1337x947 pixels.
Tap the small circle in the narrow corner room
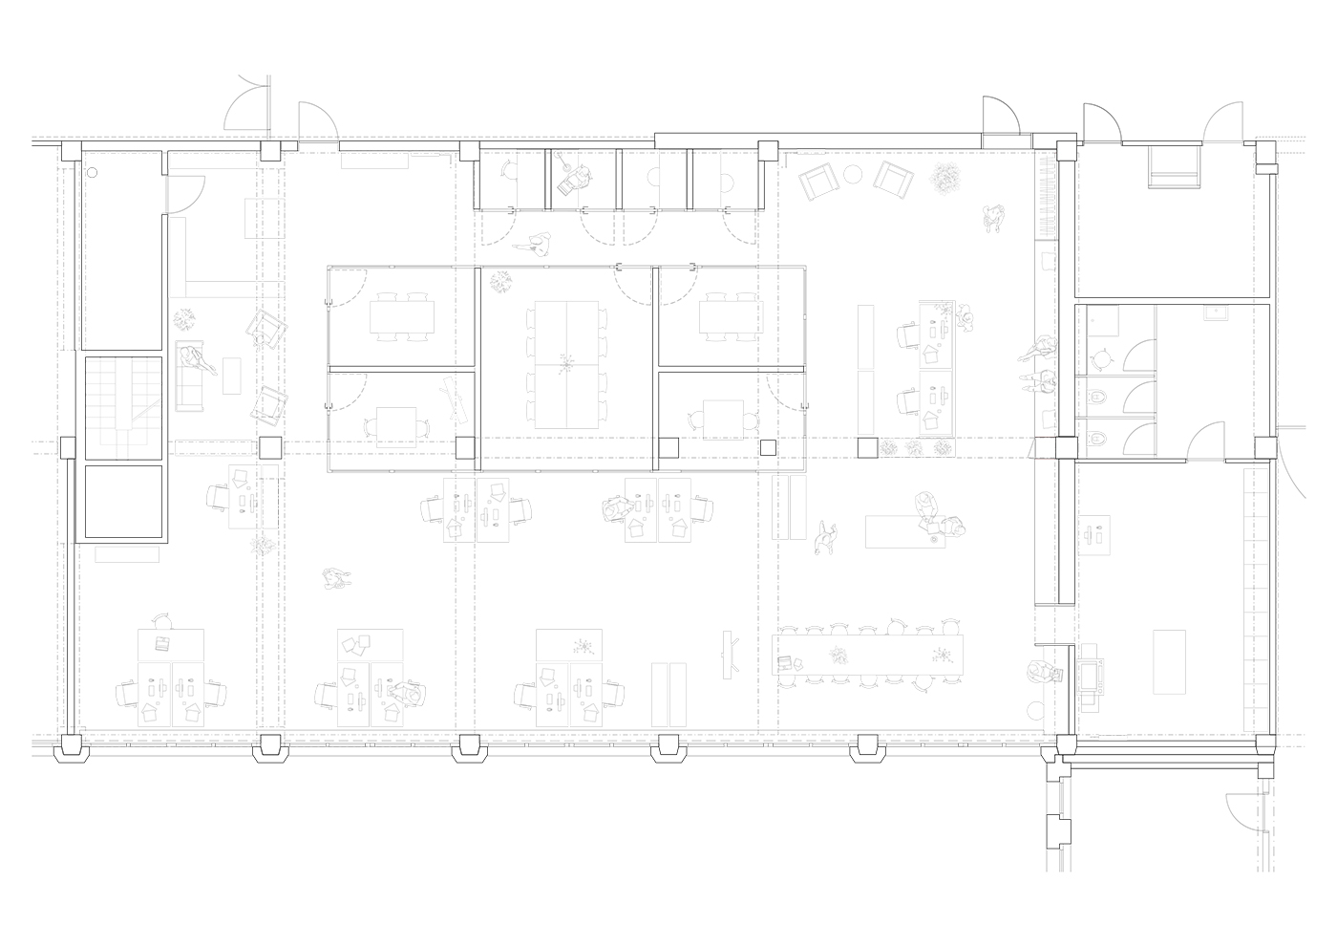point(94,173)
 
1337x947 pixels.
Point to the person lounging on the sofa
point(198,360)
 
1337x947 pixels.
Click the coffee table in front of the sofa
point(231,374)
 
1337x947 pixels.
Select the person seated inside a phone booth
point(575,175)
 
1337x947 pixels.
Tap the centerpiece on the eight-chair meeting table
point(566,363)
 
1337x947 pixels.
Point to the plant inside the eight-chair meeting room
point(498,281)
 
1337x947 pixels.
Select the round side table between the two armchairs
point(855,174)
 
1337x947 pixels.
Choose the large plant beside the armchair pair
point(947,177)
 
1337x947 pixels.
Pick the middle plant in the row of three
point(913,447)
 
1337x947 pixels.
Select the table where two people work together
point(904,530)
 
